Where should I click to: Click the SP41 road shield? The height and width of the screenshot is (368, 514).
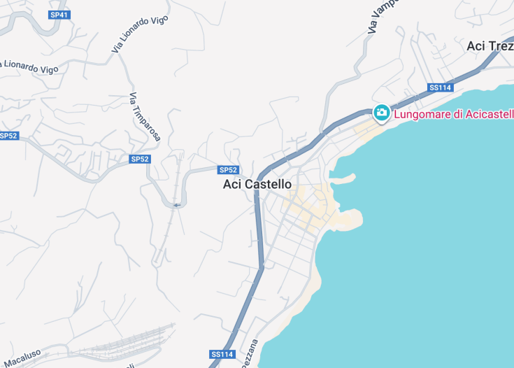(59, 14)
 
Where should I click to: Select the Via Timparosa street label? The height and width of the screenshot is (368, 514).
(145, 117)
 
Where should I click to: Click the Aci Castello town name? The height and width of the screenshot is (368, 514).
(257, 184)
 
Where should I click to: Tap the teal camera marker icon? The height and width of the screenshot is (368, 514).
(381, 112)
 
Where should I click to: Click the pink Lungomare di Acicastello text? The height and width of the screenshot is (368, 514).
(453, 114)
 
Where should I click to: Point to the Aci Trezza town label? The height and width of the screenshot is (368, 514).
(490, 45)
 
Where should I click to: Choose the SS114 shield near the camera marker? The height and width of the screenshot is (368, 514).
(441, 87)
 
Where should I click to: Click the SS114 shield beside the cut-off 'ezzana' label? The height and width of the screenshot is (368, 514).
(222, 354)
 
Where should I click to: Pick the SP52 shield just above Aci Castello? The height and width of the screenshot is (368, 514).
(229, 170)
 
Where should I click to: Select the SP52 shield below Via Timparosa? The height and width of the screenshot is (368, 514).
(140, 159)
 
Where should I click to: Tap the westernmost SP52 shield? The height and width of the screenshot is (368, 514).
(8, 135)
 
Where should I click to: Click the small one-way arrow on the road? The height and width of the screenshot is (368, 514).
(176, 204)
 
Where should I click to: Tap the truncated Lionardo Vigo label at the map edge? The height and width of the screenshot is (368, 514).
(29, 67)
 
